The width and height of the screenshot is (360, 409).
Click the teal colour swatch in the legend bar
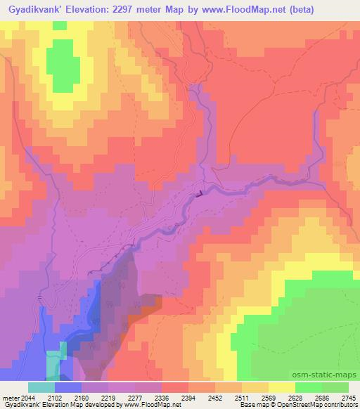(x=41, y=387)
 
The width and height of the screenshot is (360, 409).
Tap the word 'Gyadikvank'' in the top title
(x=32, y=9)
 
